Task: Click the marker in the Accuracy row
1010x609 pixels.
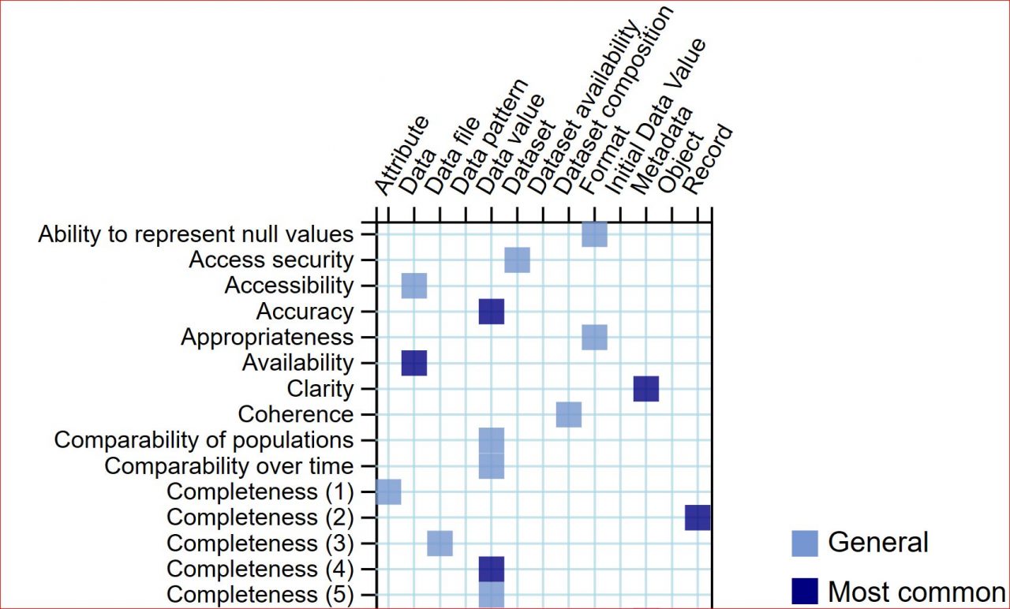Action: (491, 312)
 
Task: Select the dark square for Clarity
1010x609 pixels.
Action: (645, 389)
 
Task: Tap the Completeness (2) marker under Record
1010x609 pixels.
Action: (698, 517)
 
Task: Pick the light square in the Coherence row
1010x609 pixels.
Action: (568, 414)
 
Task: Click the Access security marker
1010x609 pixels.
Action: (517, 260)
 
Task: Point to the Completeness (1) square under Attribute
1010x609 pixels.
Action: (388, 491)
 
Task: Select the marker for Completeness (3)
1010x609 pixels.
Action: (440, 544)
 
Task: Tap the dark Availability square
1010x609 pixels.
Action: (413, 364)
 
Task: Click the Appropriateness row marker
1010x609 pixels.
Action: (594, 337)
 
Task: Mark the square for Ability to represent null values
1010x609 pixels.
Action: (594, 234)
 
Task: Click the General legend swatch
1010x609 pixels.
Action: (805, 544)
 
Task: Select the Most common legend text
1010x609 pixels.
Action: (916, 591)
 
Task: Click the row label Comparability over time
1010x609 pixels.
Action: (229, 465)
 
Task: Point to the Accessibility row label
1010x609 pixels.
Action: (289, 285)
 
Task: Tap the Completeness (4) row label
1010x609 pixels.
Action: (260, 569)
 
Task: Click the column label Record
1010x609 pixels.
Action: (707, 159)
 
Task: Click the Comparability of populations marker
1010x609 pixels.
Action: (491, 440)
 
